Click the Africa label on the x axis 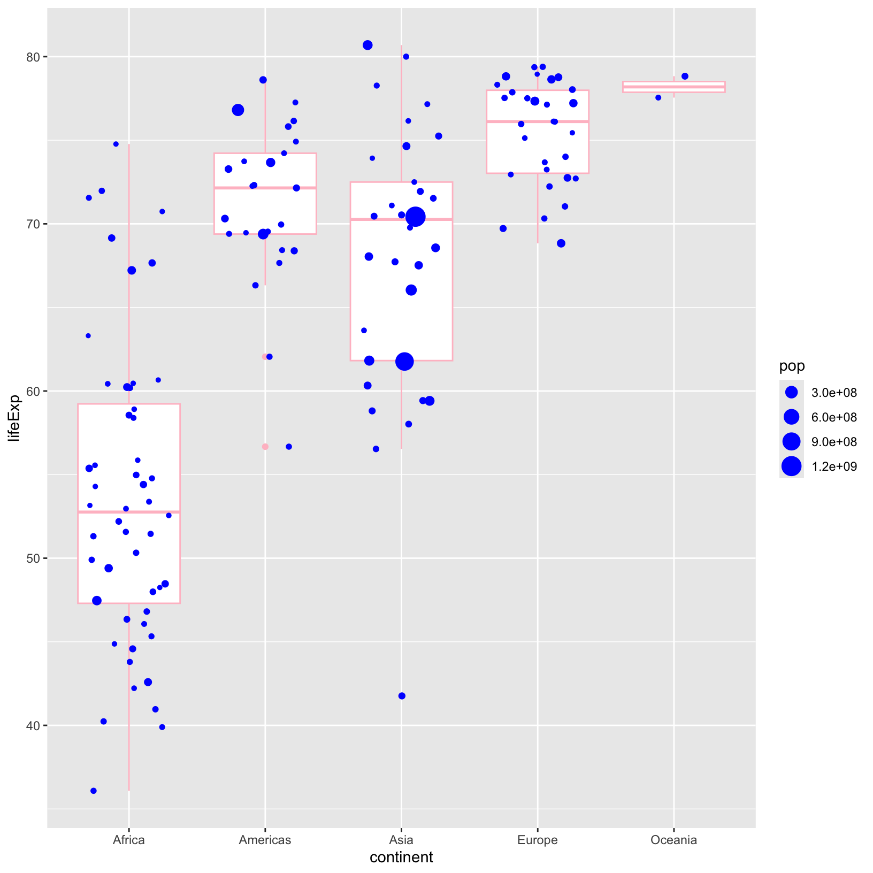(x=128, y=840)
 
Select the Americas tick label (x=265, y=840)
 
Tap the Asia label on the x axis (x=401, y=840)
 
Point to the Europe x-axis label (x=537, y=840)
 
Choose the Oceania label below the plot (x=673, y=840)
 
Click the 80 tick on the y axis (x=35, y=57)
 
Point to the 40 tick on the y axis (x=35, y=725)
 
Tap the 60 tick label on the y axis (x=35, y=391)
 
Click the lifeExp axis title (x=14, y=418)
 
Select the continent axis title (x=401, y=857)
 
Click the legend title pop (x=792, y=366)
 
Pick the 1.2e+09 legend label (x=834, y=466)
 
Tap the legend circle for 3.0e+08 (x=792, y=393)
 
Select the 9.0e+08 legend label (x=834, y=442)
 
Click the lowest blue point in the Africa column (x=94, y=791)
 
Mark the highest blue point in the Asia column (x=367, y=45)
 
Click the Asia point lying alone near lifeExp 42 (x=402, y=696)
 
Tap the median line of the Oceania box (x=673, y=87)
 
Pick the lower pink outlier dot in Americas (x=265, y=447)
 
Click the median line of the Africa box (x=128, y=512)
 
